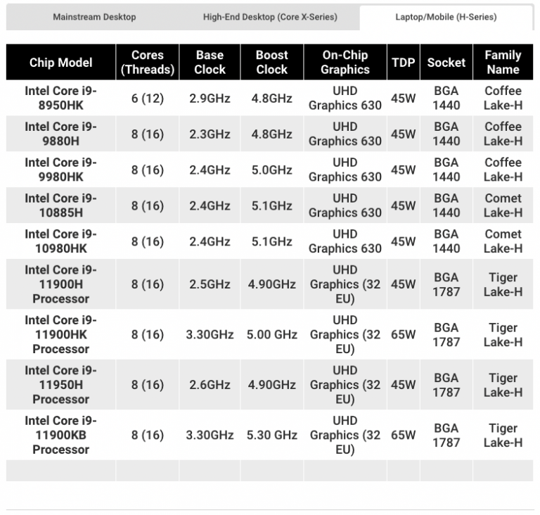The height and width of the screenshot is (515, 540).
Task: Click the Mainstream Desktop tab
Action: click(x=94, y=17)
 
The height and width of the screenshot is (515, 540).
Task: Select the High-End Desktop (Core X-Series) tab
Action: click(x=270, y=17)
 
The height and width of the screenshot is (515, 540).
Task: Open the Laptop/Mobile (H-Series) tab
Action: click(x=446, y=17)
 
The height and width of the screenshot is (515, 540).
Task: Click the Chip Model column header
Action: click(x=61, y=63)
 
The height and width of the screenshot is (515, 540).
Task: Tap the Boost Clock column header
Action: click(x=271, y=63)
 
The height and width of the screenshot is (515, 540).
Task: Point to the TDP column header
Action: click(x=403, y=63)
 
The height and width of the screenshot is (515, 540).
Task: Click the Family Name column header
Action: click(x=503, y=63)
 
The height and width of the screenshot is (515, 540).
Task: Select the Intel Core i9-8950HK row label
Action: click(x=61, y=98)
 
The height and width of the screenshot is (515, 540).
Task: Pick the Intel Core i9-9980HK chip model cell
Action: click(x=61, y=170)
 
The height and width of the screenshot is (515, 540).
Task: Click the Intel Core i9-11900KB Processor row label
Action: click(x=61, y=435)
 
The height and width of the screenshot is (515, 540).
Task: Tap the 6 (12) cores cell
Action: click(x=148, y=98)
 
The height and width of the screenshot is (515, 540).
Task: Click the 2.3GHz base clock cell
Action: click(x=210, y=134)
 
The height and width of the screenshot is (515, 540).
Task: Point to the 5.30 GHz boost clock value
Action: click(x=271, y=435)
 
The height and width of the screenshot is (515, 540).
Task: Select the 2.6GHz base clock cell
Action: click(x=210, y=385)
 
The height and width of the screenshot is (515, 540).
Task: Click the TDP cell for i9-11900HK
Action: click(x=403, y=335)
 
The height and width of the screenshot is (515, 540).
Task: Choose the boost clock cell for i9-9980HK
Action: click(x=271, y=170)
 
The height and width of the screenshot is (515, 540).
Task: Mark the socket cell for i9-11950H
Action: click(x=446, y=385)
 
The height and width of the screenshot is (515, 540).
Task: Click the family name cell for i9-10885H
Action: click(x=503, y=205)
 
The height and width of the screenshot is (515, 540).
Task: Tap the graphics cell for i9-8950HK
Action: click(x=345, y=98)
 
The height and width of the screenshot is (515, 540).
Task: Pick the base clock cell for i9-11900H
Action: click(x=210, y=284)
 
